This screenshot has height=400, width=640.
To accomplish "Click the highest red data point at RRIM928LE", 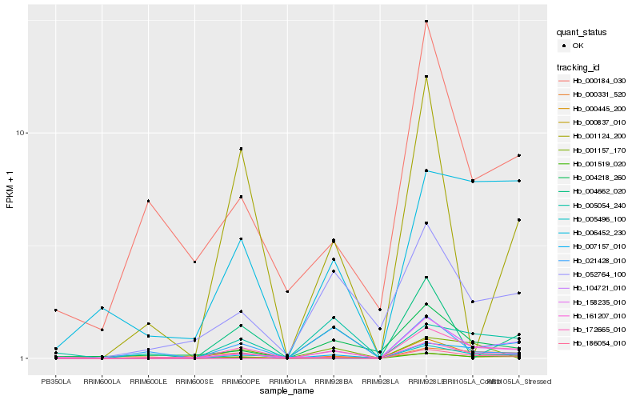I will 426,22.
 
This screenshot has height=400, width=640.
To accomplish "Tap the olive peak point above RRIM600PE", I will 241,149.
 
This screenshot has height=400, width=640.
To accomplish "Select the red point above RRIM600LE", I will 148,201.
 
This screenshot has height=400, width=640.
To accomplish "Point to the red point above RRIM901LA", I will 287,291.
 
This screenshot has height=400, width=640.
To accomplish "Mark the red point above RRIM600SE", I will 194,262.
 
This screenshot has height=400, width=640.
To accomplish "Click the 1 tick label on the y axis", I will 26,358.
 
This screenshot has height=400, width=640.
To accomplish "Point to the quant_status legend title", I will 582,32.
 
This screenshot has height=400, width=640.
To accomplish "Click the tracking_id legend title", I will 580,66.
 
